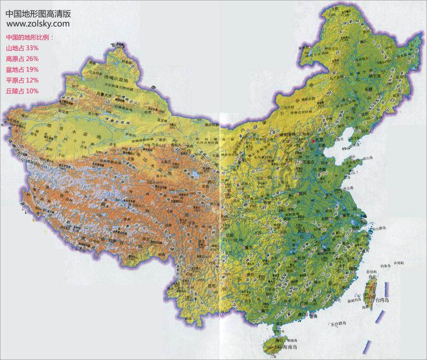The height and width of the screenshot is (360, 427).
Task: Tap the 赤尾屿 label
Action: click(399, 263)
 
